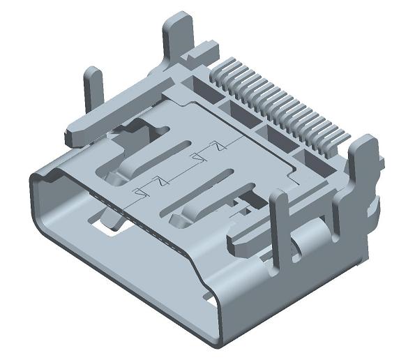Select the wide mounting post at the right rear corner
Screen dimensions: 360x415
click(x=363, y=167)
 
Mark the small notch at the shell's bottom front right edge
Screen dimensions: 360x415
click(x=210, y=301)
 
